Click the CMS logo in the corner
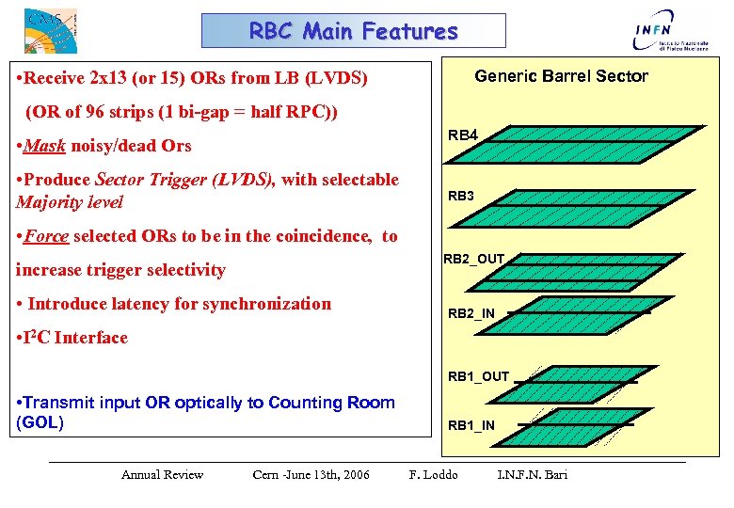[49, 30]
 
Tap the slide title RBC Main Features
[353, 31]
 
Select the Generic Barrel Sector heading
[561, 76]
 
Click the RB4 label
[463, 135]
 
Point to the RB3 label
[461, 196]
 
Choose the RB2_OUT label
[474, 259]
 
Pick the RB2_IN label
[471, 313]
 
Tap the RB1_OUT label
[478, 376]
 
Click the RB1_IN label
[471, 425]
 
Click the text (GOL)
[40, 422]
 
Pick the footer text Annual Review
[162, 474]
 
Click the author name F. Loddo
[433, 474]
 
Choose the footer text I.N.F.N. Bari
[532, 474]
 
